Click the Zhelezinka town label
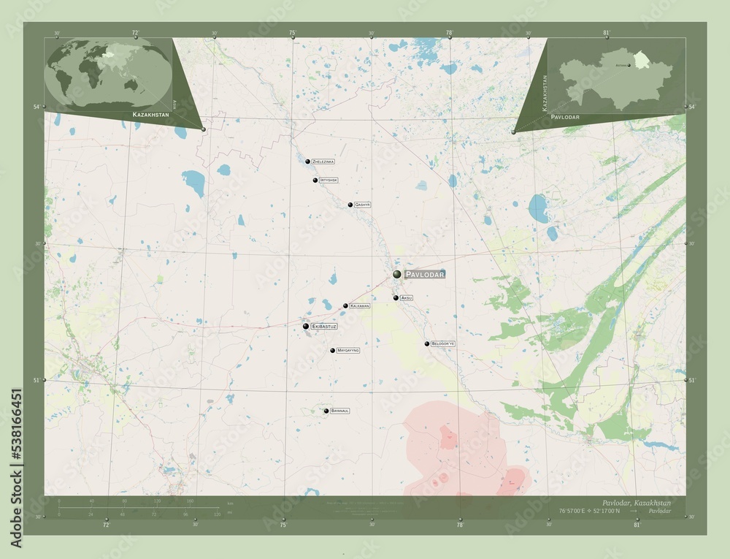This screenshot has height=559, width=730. coord(323,161)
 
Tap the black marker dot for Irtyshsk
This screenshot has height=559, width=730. coord(315,180)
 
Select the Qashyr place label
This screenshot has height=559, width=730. coord(362,205)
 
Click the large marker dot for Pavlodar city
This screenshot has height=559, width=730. coord(397,274)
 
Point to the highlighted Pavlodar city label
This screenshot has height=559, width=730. coord(423,274)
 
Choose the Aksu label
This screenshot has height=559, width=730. coord(407,298)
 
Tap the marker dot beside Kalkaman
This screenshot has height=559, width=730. coord(346,306)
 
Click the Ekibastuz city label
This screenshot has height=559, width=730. coord(324,326)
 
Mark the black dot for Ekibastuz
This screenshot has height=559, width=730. coord(306,326)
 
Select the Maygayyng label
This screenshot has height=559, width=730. coord(348,351)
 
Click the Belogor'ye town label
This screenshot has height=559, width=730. coord(443,343)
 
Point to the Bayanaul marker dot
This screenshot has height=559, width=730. coord(326,411)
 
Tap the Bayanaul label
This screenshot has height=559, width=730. coord(340,411)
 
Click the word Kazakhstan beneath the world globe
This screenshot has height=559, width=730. coord(151,115)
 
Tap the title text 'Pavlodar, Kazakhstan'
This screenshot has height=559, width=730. coord(637,503)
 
